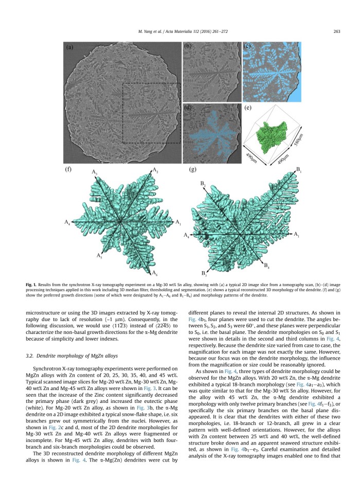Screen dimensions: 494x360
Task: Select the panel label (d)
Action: point(188,108)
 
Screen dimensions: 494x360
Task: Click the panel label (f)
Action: point(68,169)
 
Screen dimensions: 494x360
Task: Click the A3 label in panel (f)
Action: point(94,171)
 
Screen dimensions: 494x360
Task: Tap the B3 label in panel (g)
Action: point(205,272)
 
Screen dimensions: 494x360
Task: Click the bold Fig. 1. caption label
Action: point(69,285)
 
